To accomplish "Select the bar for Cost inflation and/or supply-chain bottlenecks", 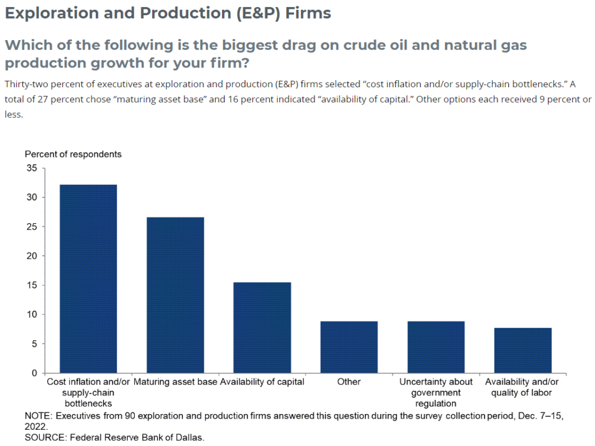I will tap(88, 279).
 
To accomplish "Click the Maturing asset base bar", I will tap(175, 295).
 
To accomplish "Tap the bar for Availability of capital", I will tap(262, 327).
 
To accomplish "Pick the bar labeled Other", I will tap(349, 347).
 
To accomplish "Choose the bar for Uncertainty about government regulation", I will tap(436, 347).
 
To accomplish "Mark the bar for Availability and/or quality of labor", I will tap(522, 350).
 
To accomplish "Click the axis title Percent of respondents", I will tap(73, 154).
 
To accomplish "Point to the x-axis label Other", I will tap(349, 382).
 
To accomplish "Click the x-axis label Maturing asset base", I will tap(175, 382).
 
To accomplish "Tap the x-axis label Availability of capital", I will tap(262, 382).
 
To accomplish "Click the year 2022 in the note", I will tap(35, 426).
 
